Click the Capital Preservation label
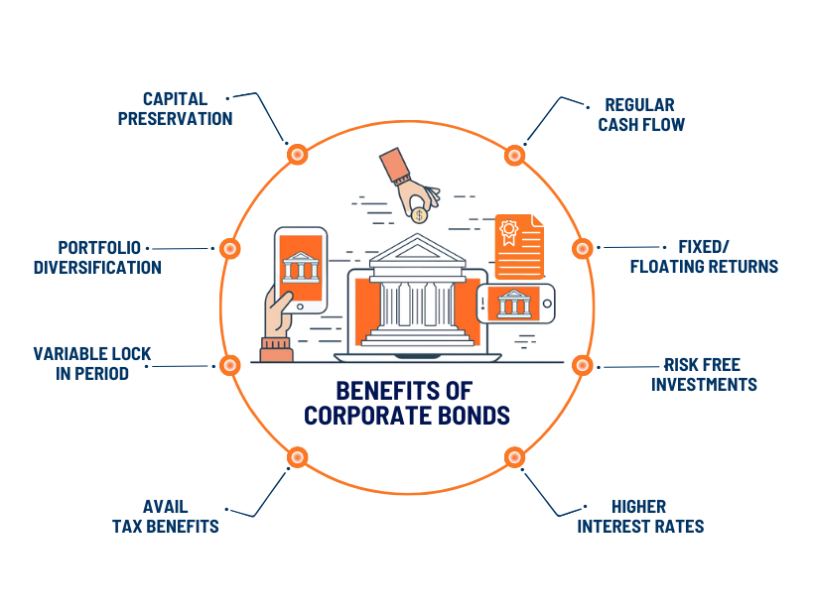[175, 108]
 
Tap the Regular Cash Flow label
[641, 115]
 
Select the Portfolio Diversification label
[97, 257]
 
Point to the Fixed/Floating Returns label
[704, 256]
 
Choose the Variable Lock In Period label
[93, 363]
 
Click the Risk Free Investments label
[704, 374]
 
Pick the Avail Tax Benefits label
[165, 516]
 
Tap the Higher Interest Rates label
[640, 516]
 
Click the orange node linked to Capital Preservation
[296, 154]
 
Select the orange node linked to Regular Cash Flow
[514, 154]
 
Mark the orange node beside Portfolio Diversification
[228, 248]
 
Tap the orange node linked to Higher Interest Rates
[514, 457]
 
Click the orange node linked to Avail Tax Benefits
[296, 457]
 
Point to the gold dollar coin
[419, 214]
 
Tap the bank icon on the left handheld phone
[299, 266]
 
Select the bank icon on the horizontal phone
[514, 303]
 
